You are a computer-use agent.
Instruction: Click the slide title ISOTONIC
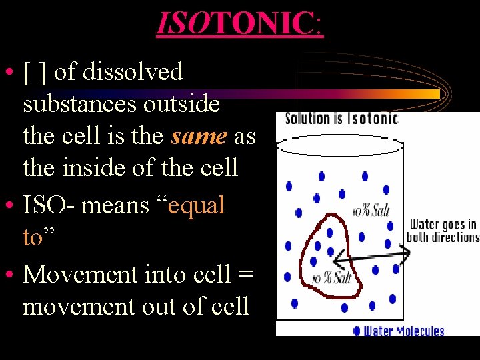coord(239,24)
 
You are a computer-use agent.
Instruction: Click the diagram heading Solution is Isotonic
coord(341,119)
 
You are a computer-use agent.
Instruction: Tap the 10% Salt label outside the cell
coord(371,211)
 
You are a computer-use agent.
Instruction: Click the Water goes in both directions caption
coord(443,231)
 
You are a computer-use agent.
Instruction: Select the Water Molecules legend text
coord(403,330)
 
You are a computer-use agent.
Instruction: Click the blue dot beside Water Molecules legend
coord(357,330)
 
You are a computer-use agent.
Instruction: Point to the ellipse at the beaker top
coord(340,145)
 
